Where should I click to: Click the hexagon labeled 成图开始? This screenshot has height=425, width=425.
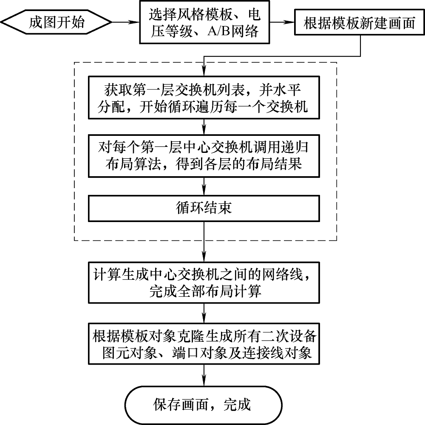coord(56,22)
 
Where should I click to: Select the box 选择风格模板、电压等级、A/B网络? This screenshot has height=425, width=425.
coord(204,22)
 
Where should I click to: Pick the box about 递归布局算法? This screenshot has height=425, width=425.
coord(204,155)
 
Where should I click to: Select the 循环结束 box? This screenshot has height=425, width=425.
coord(204,208)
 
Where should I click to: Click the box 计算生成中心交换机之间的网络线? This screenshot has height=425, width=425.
coord(204,283)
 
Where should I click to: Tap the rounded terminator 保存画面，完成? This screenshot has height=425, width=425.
coord(204,404)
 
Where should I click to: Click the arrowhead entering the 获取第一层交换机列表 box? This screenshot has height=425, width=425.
coord(204,72)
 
